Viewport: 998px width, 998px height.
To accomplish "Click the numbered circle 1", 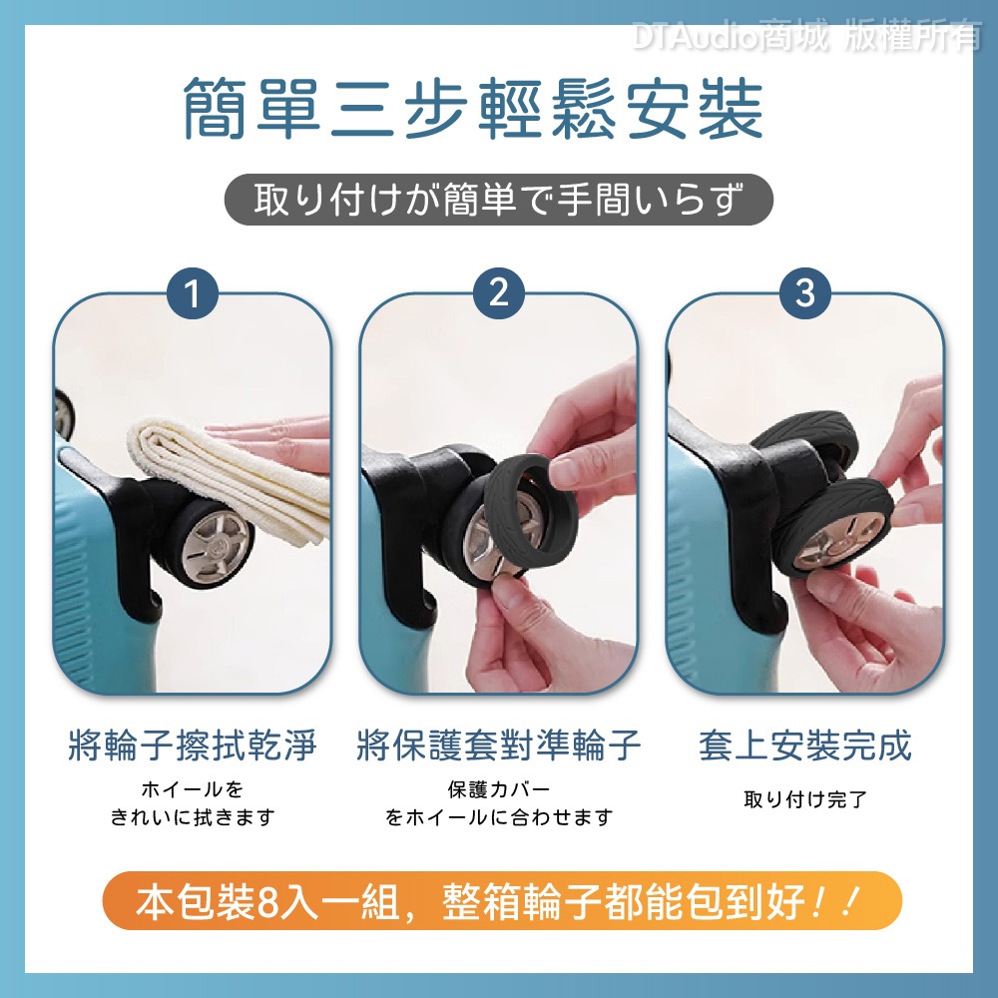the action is pos(193,292).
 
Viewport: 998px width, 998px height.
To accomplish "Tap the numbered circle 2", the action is pos(499,292).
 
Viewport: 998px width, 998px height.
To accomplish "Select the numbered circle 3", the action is pos(805,292).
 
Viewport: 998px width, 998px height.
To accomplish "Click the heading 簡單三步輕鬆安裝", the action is pos(473,108).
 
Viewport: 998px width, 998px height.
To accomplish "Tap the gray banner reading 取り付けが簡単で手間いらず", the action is pos(498,200).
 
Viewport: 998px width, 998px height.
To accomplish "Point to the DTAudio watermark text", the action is pos(806,34).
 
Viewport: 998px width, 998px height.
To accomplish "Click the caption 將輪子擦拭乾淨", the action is pos(193,746).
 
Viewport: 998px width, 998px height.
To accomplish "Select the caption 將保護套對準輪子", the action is pos(498,746).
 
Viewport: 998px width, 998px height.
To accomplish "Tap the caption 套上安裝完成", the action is pos(805,746).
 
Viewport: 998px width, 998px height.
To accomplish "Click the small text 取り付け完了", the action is pos(805,798).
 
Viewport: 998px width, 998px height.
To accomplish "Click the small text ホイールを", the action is pos(193,789).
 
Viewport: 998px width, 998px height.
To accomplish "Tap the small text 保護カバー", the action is pos(498,789).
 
